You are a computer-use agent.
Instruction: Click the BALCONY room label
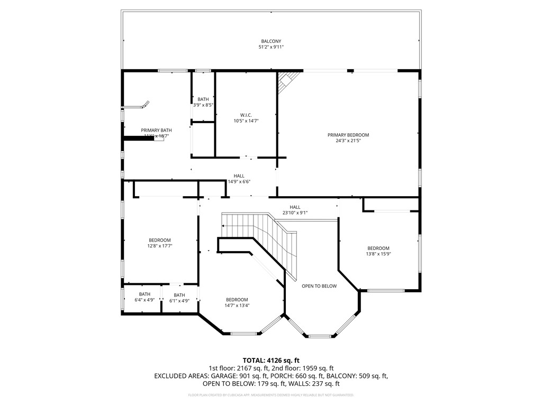271,41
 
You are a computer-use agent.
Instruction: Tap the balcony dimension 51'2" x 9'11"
271,47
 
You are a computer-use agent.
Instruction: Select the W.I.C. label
246,115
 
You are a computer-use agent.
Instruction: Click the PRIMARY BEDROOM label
348,135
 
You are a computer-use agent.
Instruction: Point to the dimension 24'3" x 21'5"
348,141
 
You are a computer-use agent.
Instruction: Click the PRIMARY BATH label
156,130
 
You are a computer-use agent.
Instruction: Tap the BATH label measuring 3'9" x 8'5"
203,99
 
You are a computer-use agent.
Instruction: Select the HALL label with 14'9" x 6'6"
239,176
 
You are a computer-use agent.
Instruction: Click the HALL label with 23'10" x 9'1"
295,207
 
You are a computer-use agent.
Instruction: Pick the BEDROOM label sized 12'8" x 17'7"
159,240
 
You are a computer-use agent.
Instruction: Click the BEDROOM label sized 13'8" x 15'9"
378,248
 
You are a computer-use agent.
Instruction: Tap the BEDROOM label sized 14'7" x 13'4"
237,299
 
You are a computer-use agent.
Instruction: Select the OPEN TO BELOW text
319,286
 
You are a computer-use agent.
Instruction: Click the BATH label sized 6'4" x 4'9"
144,294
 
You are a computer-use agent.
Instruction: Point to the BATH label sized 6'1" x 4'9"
179,295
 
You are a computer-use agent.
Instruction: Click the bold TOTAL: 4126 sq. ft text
271,359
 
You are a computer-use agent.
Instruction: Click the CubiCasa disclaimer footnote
271,395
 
